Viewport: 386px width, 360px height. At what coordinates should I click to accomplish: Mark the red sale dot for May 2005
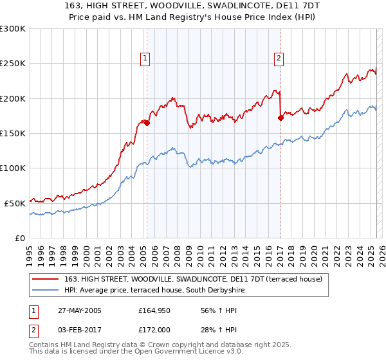[x=147, y=122]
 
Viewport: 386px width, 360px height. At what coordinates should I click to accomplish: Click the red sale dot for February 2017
[x=280, y=118]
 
